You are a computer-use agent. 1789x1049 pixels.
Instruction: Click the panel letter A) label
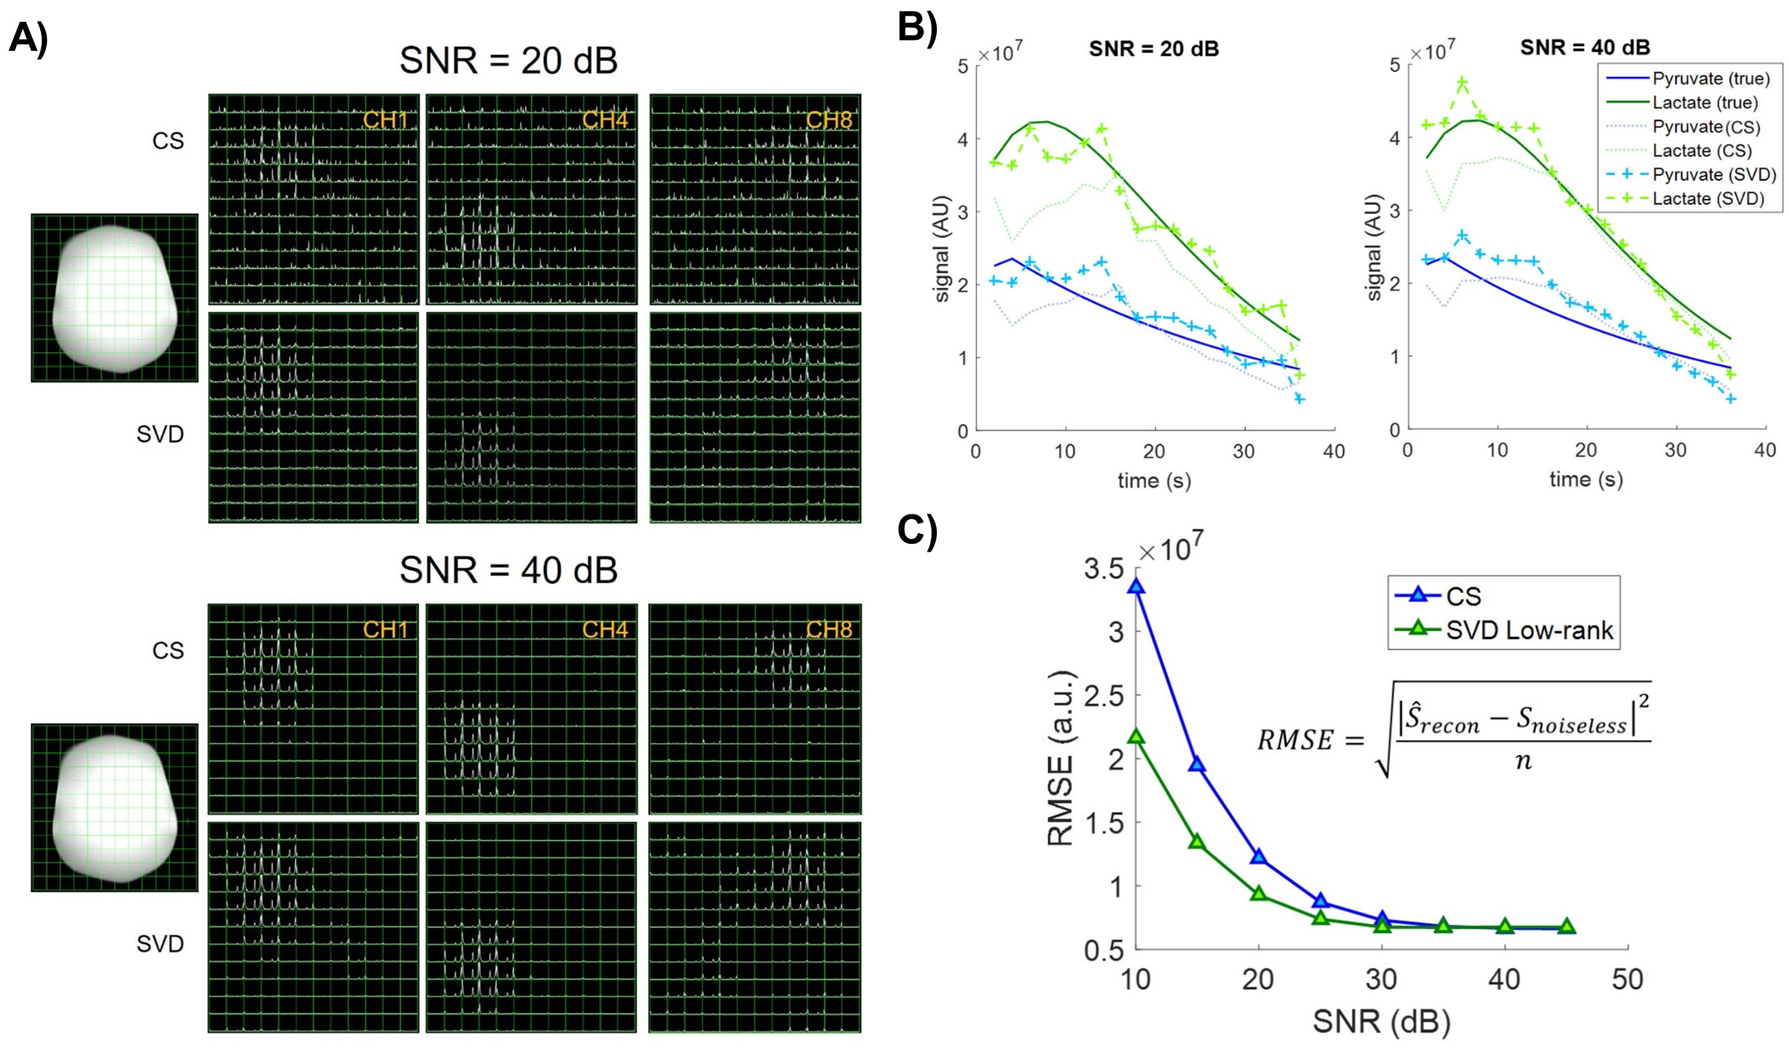point(28,37)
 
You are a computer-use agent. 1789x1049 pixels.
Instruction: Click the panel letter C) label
point(917,530)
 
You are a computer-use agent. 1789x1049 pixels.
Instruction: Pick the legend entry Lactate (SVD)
point(1707,198)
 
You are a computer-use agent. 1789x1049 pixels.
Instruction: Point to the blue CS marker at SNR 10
point(1136,586)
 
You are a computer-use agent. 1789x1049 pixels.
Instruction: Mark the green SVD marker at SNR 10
point(1136,736)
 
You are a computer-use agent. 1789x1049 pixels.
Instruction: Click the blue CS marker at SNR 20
point(1259,856)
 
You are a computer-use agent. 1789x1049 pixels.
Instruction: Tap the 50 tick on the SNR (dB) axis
point(1627,979)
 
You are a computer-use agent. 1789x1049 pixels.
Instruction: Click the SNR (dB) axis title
point(1381,1021)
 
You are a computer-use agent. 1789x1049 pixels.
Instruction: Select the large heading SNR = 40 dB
point(508,569)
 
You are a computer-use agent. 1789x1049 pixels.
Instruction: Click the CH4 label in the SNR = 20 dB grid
point(605,120)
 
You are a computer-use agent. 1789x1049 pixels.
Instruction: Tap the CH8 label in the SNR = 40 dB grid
point(829,629)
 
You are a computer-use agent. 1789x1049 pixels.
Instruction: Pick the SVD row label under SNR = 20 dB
point(160,434)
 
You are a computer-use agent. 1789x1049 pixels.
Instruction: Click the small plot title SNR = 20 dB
point(1154,48)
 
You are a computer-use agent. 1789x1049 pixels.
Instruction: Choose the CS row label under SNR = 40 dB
point(168,650)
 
